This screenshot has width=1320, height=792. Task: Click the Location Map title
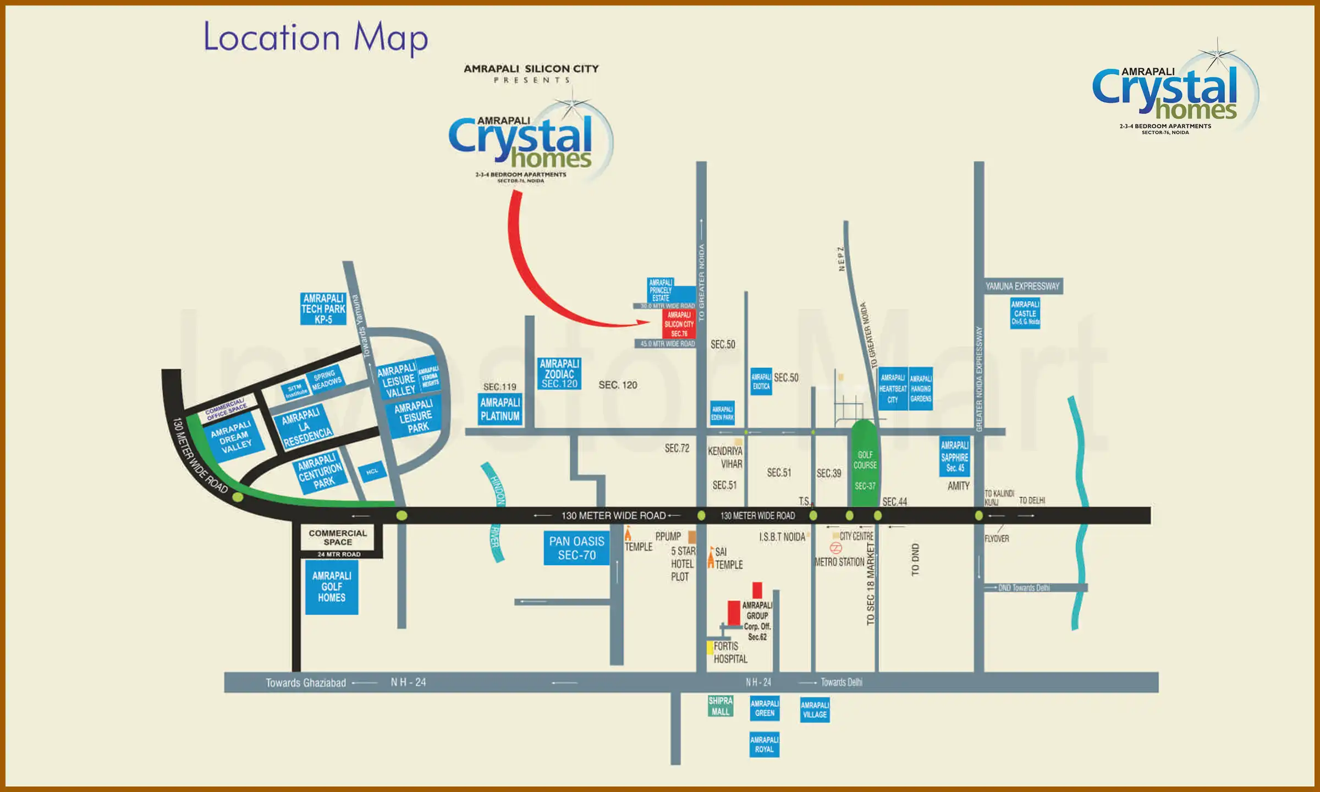(315, 37)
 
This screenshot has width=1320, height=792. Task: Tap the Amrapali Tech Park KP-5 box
(323, 309)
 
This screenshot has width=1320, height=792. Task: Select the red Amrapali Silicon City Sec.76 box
(679, 324)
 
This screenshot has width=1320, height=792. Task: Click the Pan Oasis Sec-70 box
(576, 548)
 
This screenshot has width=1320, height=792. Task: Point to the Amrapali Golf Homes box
(332, 587)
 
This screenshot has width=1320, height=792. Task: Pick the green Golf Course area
(865, 465)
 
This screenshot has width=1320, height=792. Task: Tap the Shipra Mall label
(721, 706)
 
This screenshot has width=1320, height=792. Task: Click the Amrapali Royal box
(764, 744)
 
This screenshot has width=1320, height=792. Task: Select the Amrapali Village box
(815, 710)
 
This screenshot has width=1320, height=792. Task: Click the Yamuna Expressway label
(1022, 286)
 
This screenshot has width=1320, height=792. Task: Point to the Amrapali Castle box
(1025, 313)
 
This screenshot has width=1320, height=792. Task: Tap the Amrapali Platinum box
(500, 409)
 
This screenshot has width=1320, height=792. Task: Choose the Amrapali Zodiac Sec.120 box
(559, 373)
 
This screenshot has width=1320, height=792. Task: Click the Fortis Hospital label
(730, 652)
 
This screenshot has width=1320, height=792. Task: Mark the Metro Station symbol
(835, 548)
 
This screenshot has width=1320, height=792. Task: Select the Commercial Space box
(338, 537)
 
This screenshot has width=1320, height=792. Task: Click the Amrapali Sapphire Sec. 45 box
(955, 457)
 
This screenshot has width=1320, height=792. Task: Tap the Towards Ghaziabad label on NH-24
(306, 683)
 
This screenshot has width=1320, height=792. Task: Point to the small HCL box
(372, 471)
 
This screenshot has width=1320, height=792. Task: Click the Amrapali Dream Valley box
(232, 437)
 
